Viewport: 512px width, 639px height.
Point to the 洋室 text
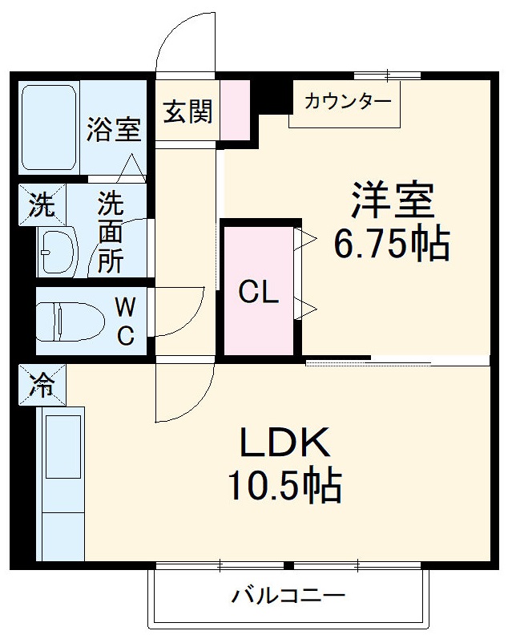(x=392, y=200)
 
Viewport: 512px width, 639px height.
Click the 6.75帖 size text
(x=392, y=245)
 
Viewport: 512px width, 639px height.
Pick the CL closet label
(x=259, y=293)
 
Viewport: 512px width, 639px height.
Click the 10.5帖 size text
(x=284, y=485)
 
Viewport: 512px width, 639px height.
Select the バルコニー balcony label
(x=288, y=596)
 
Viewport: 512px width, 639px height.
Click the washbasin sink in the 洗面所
(x=56, y=252)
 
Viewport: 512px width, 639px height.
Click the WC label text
(x=125, y=321)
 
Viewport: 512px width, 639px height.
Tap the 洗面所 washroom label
(x=111, y=233)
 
